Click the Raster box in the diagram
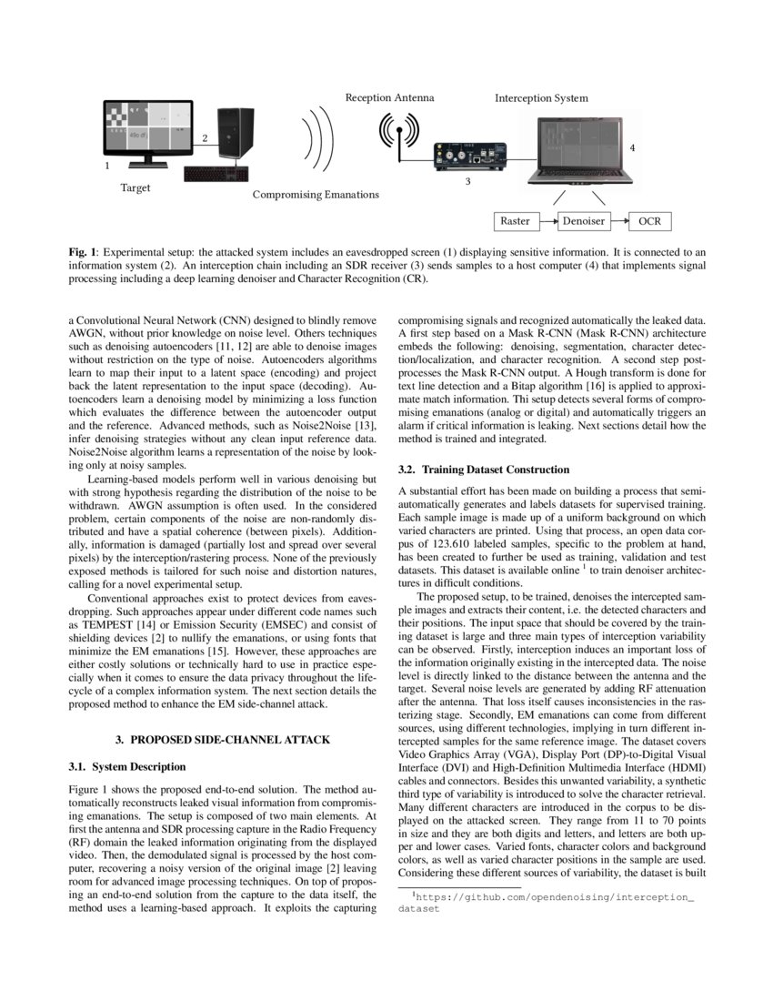[x=516, y=221]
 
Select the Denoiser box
[x=583, y=221]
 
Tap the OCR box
[x=650, y=221]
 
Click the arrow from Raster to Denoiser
[x=547, y=221]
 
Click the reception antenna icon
[x=397, y=135]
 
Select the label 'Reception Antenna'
[x=389, y=96]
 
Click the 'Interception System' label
[x=541, y=97]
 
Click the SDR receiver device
[x=471, y=156]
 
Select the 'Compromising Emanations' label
[x=316, y=195]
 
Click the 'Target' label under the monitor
[x=136, y=188]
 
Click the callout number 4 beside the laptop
[x=632, y=147]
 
